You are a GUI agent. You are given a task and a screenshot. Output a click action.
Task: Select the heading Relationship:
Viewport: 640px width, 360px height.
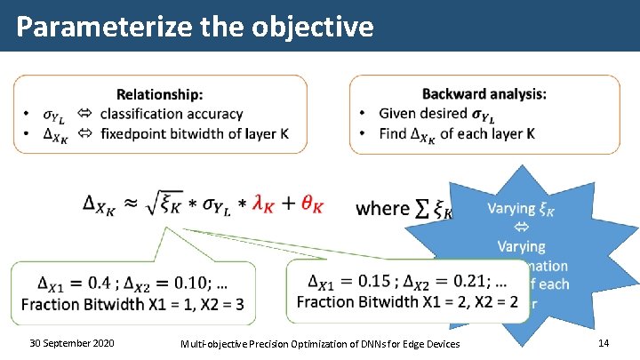click(160, 93)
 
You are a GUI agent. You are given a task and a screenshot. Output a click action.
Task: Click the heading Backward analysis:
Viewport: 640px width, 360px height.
click(484, 93)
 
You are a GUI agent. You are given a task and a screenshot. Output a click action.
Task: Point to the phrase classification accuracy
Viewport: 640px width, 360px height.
click(172, 114)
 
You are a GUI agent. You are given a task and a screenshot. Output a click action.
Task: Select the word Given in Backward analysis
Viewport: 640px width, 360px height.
click(398, 113)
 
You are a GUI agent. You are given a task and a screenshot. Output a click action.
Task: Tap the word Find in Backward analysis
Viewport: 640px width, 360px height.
click(394, 133)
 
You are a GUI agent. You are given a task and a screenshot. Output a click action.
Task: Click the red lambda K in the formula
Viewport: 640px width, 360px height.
click(262, 206)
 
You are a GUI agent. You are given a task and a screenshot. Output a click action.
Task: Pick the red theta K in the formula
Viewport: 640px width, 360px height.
click(312, 206)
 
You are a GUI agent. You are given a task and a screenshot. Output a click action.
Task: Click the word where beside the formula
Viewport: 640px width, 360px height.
click(382, 208)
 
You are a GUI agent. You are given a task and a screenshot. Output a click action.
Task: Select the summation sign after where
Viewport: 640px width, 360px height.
click(424, 207)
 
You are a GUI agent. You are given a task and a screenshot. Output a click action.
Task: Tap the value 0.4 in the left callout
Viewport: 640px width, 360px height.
click(100, 284)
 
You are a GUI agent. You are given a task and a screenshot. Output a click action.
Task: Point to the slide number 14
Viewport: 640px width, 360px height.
click(604, 343)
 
